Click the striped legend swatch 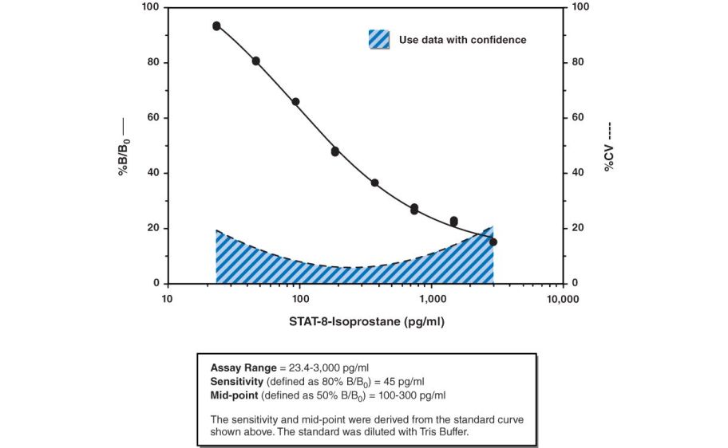(379, 39)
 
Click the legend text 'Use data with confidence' (462, 40)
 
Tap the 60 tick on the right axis (579, 118)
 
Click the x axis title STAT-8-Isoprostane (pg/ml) (366, 322)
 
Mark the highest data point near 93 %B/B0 (216, 26)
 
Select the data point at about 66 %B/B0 (295, 102)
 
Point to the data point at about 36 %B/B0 (374, 183)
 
